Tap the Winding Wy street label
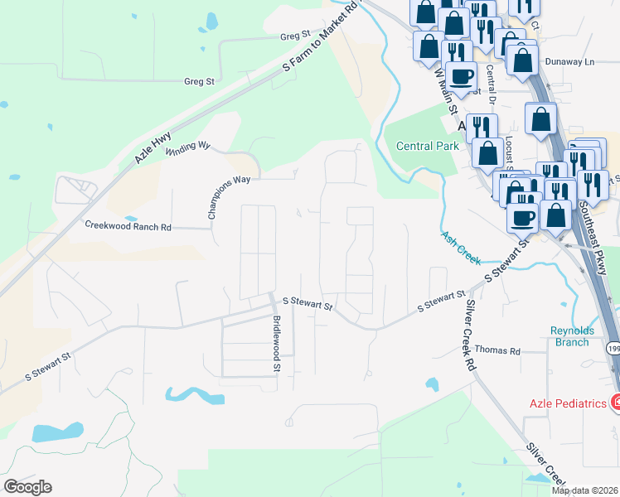[187, 148]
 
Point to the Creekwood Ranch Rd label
[128, 226]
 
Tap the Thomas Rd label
[497, 351]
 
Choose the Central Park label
[427, 147]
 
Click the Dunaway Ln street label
[570, 61]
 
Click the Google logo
[27, 487]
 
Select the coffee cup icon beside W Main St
[462, 77]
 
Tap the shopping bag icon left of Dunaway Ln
[522, 60]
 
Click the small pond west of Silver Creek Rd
[431, 384]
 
